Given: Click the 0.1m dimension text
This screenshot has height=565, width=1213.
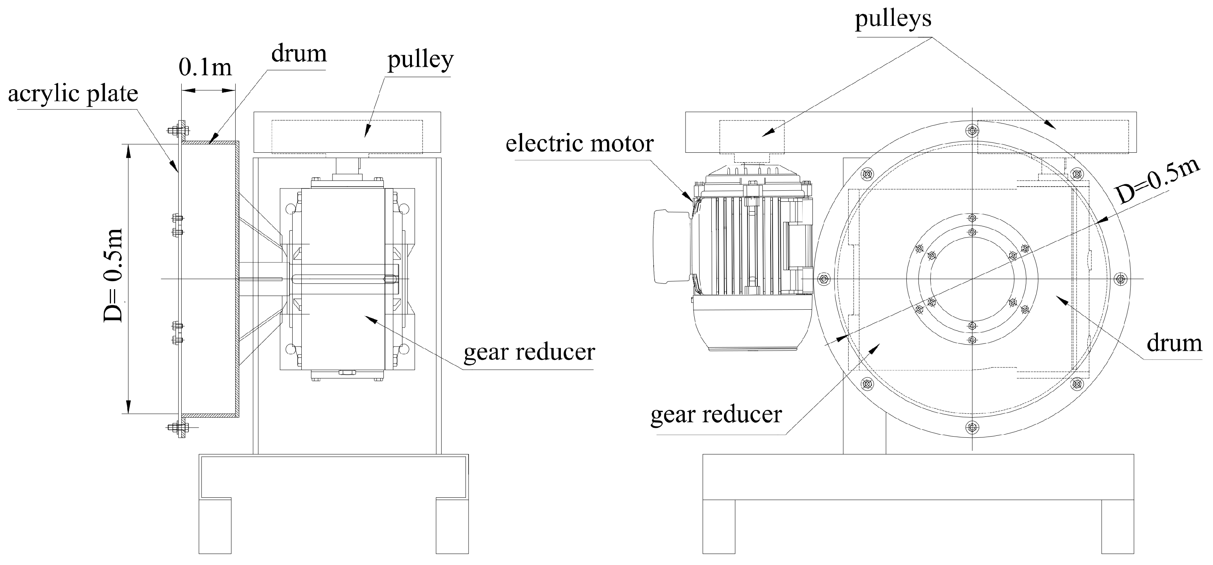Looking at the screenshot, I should click(205, 68).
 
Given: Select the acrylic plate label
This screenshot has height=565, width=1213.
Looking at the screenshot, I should click(73, 94).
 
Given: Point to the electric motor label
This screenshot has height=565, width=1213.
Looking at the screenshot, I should click(579, 144).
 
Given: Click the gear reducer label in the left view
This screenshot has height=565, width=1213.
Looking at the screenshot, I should click(529, 352).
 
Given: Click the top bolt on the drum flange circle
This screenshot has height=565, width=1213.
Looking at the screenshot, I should click(972, 130).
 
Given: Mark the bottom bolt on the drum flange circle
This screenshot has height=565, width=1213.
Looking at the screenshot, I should click(972, 427).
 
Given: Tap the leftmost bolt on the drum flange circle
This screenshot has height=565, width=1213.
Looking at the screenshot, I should click(823, 279).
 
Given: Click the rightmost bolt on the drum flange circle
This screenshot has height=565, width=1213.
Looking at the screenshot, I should click(1121, 279).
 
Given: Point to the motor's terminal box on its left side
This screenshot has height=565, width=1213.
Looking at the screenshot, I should click(671, 246).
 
